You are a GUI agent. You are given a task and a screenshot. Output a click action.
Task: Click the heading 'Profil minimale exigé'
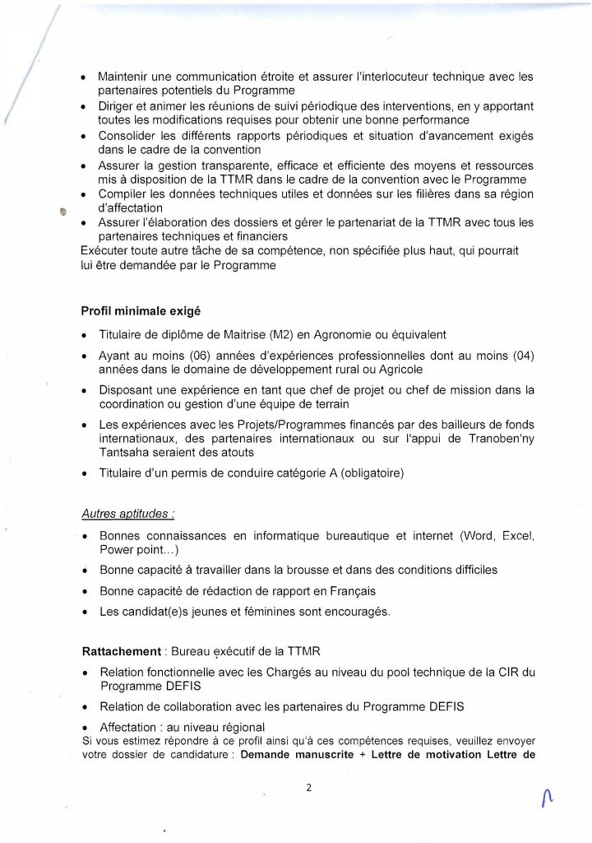click(x=141, y=311)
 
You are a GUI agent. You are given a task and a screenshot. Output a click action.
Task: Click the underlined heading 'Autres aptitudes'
click(x=127, y=514)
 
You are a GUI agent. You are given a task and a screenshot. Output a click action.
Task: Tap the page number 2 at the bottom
click(x=308, y=787)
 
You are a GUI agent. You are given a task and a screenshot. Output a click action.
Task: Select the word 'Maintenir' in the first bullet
click(x=124, y=77)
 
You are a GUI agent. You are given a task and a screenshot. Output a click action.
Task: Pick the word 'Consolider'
click(x=130, y=136)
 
